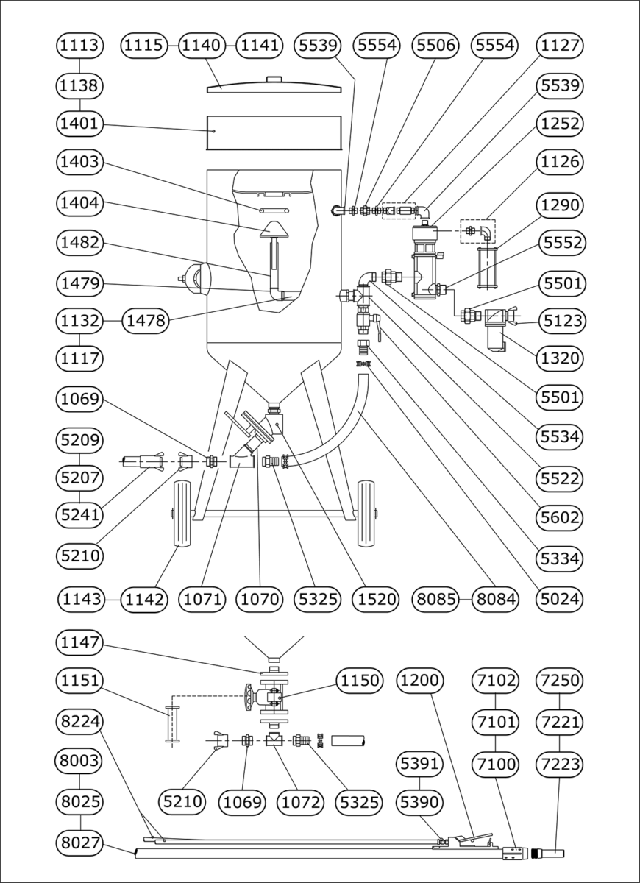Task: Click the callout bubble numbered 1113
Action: [79, 46]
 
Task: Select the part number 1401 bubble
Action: [79, 124]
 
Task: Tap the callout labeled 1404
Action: [79, 202]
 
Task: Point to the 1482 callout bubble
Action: [79, 243]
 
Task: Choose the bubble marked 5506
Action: [436, 46]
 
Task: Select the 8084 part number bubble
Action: [495, 600]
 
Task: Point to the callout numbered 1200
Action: [420, 681]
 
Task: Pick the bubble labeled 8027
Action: [79, 842]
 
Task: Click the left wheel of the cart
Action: [182, 515]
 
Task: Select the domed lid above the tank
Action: [274, 84]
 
